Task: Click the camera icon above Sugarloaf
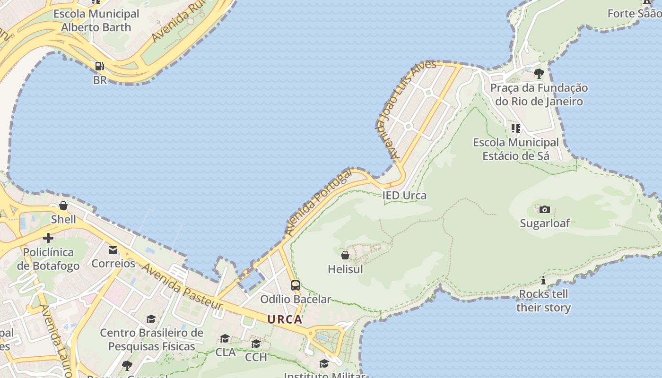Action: point(545,209)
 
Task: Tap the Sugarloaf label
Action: point(545,223)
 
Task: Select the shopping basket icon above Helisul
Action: point(345,255)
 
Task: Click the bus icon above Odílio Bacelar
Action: point(296,285)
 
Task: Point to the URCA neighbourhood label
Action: point(285,319)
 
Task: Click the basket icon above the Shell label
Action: point(63,206)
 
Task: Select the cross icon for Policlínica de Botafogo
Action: point(48,238)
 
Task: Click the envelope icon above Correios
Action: point(113,249)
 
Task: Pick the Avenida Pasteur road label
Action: point(182,287)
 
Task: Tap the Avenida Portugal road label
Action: point(319,202)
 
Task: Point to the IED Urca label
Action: point(404,196)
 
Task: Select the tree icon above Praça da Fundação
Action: point(539,73)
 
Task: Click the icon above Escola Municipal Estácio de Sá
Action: point(516,128)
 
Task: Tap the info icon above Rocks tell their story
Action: point(543,280)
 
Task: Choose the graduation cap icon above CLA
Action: point(225,338)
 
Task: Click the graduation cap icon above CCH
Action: point(256,343)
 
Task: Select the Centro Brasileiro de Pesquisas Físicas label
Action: point(151,339)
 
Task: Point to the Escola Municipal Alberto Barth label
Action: point(96,20)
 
